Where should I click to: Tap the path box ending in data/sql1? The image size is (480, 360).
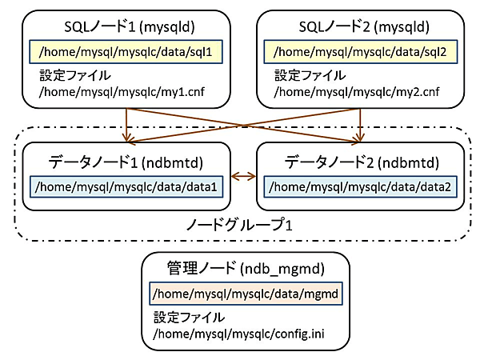pos(125,52)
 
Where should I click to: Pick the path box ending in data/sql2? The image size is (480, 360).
pos(359,52)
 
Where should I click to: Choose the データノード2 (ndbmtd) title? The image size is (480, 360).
pos(360,162)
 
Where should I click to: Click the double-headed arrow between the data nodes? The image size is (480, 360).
pos(243,176)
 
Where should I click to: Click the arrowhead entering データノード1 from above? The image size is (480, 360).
pos(126,138)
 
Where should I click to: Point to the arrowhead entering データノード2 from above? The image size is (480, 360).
pos(360,138)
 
